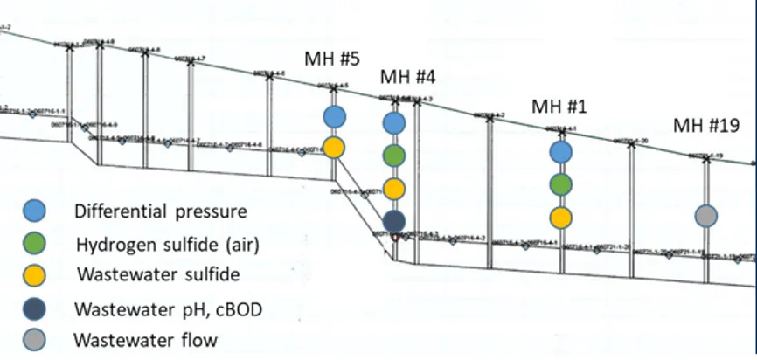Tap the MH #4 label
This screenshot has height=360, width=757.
pyautogui.click(x=406, y=78)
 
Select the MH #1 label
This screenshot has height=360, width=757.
pyautogui.click(x=559, y=107)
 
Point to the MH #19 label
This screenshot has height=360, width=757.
pyautogui.click(x=706, y=126)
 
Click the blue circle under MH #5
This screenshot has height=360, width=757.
pyautogui.click(x=333, y=116)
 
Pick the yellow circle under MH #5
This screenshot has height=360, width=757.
pyautogui.click(x=333, y=147)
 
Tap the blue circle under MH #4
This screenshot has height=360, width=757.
pyautogui.click(x=394, y=123)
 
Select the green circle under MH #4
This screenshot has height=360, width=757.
pyautogui.click(x=394, y=156)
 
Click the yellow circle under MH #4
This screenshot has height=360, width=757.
pyautogui.click(x=394, y=188)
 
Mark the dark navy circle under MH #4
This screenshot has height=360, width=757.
pyautogui.click(x=394, y=220)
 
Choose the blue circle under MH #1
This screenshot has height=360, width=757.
pyautogui.click(x=561, y=152)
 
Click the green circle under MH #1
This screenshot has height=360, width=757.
pyautogui.click(x=561, y=184)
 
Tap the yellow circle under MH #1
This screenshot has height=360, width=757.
pyautogui.click(x=561, y=217)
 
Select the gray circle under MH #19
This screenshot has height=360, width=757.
pyautogui.click(x=706, y=215)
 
